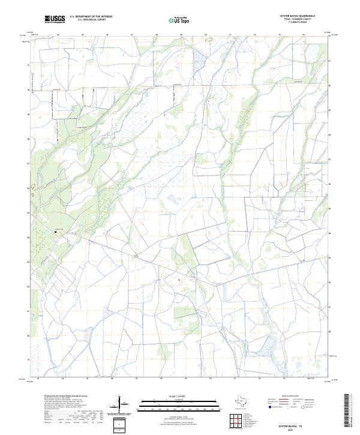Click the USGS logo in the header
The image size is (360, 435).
(x=55, y=20)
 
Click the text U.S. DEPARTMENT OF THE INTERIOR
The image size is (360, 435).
(x=91, y=17)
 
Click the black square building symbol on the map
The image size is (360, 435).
(x=55, y=231)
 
